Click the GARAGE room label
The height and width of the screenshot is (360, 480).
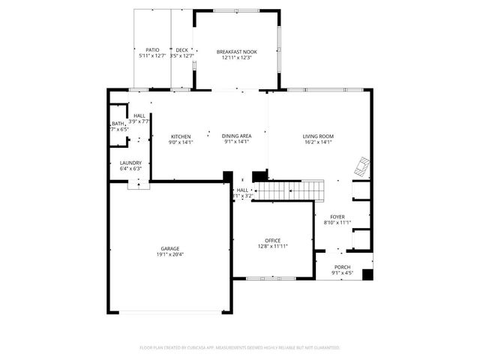pyautogui.click(x=169, y=248)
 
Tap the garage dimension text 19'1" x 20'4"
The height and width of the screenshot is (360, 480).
pyautogui.click(x=169, y=254)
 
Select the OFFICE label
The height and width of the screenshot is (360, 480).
pyautogui.click(x=272, y=240)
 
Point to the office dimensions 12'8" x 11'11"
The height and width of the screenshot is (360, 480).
pyautogui.click(x=272, y=246)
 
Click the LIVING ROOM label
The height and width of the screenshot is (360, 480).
pyautogui.click(x=318, y=136)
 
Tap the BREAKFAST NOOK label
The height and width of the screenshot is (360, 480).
pyautogui.click(x=236, y=52)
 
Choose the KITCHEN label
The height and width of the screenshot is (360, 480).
pyautogui.click(x=181, y=136)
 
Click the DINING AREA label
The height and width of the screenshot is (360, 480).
pyautogui.click(x=236, y=136)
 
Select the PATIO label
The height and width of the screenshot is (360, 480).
pyautogui.click(x=152, y=50)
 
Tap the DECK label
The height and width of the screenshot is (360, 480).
pyautogui.click(x=181, y=50)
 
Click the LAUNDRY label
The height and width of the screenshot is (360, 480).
pyautogui.click(x=130, y=163)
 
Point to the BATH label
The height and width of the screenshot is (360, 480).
pyautogui.click(x=118, y=124)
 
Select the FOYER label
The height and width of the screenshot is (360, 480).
pyautogui.click(x=337, y=216)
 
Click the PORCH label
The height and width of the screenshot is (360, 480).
pyautogui.click(x=342, y=267)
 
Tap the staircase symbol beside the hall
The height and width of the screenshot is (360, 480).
pyautogui.click(x=289, y=191)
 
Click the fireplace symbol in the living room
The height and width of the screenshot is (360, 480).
pyautogui.click(x=362, y=165)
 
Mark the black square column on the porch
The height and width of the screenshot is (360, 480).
pyautogui.click(x=367, y=274)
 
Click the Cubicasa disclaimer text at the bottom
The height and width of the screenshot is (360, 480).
pyautogui.click(x=240, y=347)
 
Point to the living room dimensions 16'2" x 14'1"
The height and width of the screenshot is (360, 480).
pyautogui.click(x=318, y=142)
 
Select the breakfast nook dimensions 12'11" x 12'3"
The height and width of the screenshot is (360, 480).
pyautogui.click(x=236, y=58)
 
